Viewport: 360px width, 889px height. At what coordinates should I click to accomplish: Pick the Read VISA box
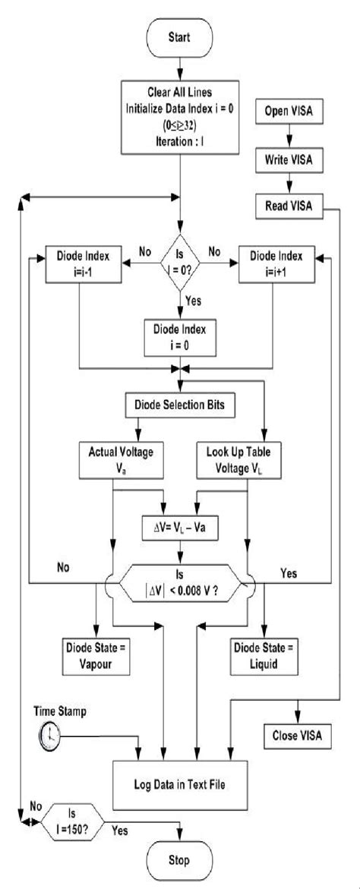(x=288, y=203)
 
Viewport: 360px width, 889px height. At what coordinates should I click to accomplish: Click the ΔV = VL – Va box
(x=179, y=525)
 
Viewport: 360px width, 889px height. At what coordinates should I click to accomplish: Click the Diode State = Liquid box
(x=264, y=655)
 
